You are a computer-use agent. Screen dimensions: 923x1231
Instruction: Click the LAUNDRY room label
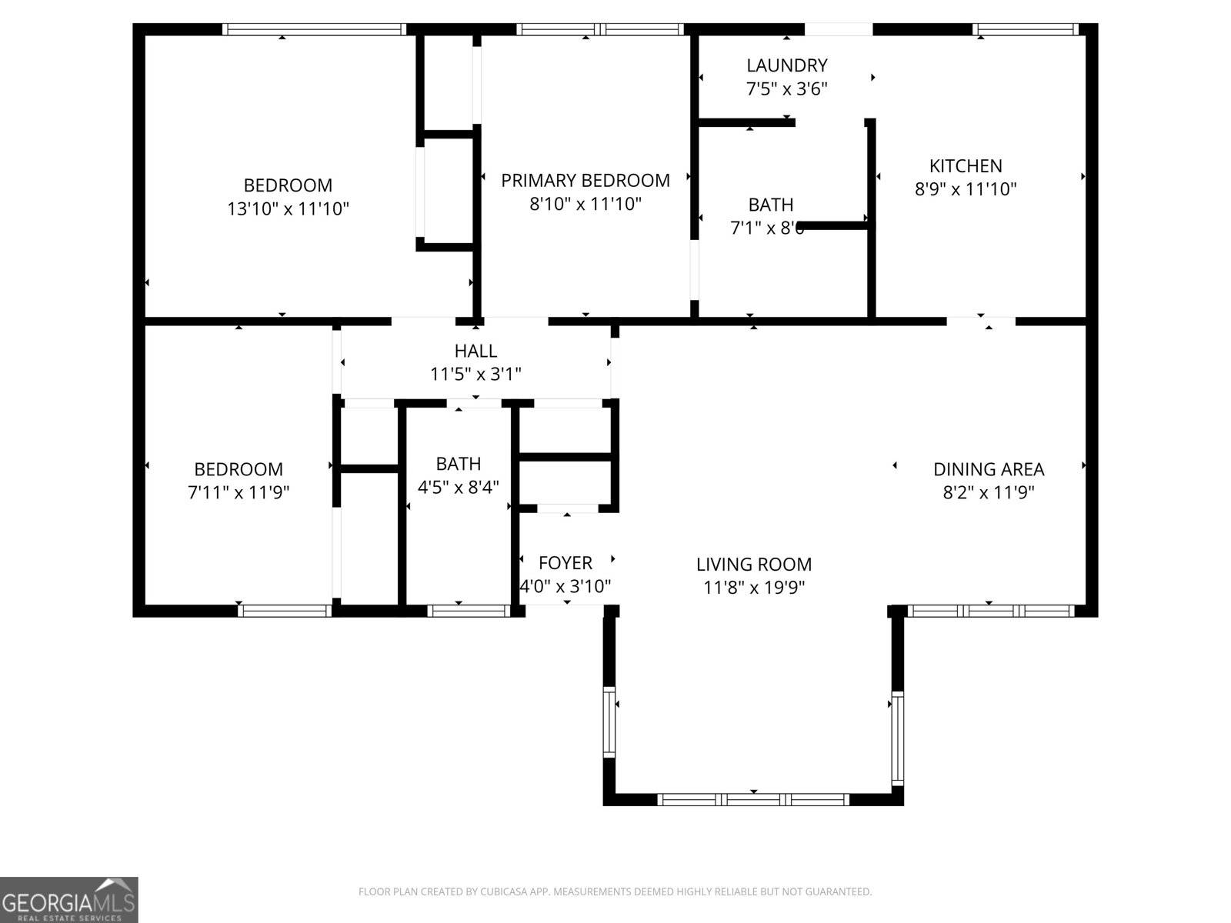point(786,65)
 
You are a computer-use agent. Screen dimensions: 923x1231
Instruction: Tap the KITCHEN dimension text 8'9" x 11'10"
point(966,189)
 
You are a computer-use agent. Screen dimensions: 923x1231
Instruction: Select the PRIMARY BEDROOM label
point(585,181)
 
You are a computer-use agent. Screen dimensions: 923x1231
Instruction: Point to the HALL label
point(475,351)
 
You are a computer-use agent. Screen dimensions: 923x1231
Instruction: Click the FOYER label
point(565,563)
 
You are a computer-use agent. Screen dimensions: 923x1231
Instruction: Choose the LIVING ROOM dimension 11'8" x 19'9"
point(754,588)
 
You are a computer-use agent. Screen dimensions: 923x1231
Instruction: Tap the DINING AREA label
point(989,469)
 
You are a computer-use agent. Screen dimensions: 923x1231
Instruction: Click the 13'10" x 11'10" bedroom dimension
point(288,208)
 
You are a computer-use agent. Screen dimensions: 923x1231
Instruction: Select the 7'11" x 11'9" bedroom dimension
point(239,492)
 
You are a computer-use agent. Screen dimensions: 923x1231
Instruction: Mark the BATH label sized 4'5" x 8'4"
point(459,464)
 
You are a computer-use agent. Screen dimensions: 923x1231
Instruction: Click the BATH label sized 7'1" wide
point(770,205)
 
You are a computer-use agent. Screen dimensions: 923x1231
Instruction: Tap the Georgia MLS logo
point(69,900)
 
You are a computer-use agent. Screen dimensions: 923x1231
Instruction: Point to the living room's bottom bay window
point(753,800)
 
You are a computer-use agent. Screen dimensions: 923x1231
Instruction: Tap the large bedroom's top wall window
point(314,29)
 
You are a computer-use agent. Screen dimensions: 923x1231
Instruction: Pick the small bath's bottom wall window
point(468,611)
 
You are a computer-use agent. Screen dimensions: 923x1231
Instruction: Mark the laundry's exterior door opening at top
point(839,29)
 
